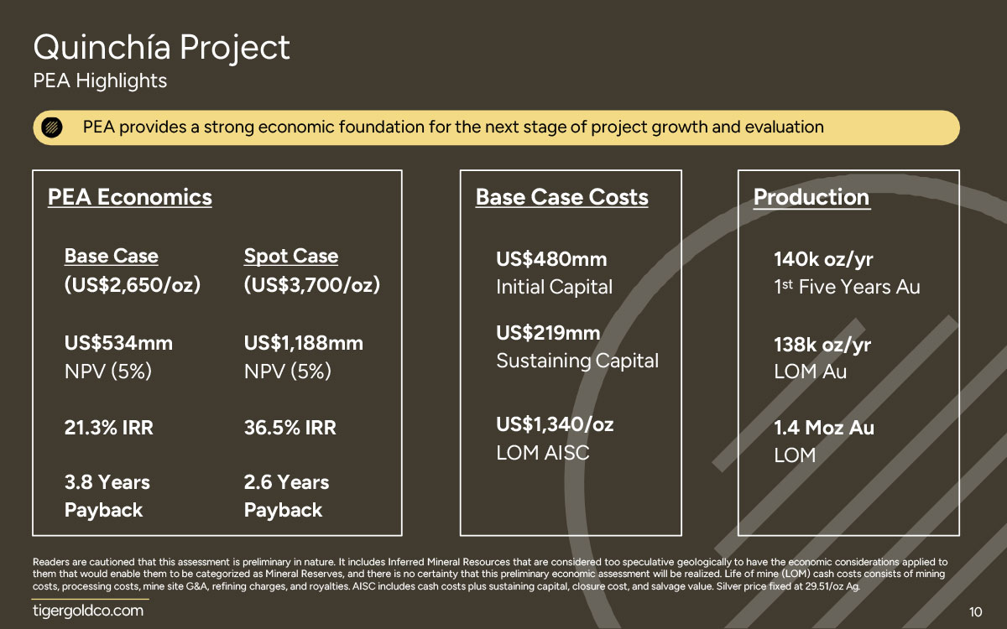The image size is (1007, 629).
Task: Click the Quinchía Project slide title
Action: (161, 48)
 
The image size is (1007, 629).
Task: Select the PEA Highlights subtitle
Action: (100, 81)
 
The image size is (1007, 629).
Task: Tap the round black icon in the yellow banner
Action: (52, 127)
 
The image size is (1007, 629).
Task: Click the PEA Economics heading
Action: (130, 197)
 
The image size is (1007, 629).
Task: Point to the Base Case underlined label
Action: (111, 256)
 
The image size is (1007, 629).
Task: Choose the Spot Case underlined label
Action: (291, 256)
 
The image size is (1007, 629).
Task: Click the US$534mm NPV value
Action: (118, 343)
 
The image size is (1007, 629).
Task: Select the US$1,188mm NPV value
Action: (304, 343)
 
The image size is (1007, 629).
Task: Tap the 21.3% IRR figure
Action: (109, 427)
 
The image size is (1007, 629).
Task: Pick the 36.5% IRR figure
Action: (290, 427)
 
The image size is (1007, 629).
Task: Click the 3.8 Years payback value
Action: (107, 482)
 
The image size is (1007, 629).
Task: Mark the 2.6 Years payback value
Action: (286, 482)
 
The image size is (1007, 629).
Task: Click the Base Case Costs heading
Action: (562, 197)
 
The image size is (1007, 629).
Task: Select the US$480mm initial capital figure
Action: (551, 259)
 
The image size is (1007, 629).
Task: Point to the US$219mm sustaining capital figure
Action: (548, 333)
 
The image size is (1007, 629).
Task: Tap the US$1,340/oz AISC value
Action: (555, 424)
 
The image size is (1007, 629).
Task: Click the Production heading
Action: (811, 197)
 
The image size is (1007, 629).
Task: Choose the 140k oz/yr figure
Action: (823, 260)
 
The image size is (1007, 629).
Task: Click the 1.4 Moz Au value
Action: (824, 427)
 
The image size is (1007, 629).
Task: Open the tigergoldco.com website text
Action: (88, 611)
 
